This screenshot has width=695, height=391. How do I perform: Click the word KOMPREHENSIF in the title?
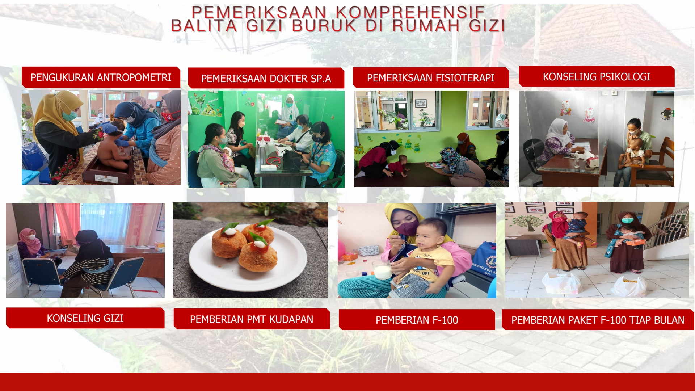click(410, 12)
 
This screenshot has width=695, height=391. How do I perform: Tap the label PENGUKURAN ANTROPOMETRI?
click(101, 77)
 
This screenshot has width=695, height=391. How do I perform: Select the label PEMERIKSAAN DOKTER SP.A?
click(266, 79)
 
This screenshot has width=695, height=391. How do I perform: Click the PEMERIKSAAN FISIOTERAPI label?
click(431, 78)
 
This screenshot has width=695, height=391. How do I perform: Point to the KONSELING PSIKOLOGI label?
click(597, 77)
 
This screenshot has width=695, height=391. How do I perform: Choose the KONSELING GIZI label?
click(85, 318)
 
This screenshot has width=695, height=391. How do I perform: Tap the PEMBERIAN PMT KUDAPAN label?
click(252, 319)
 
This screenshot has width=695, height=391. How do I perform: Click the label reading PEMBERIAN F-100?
click(417, 320)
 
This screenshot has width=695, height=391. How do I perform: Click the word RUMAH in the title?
click(426, 26)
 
